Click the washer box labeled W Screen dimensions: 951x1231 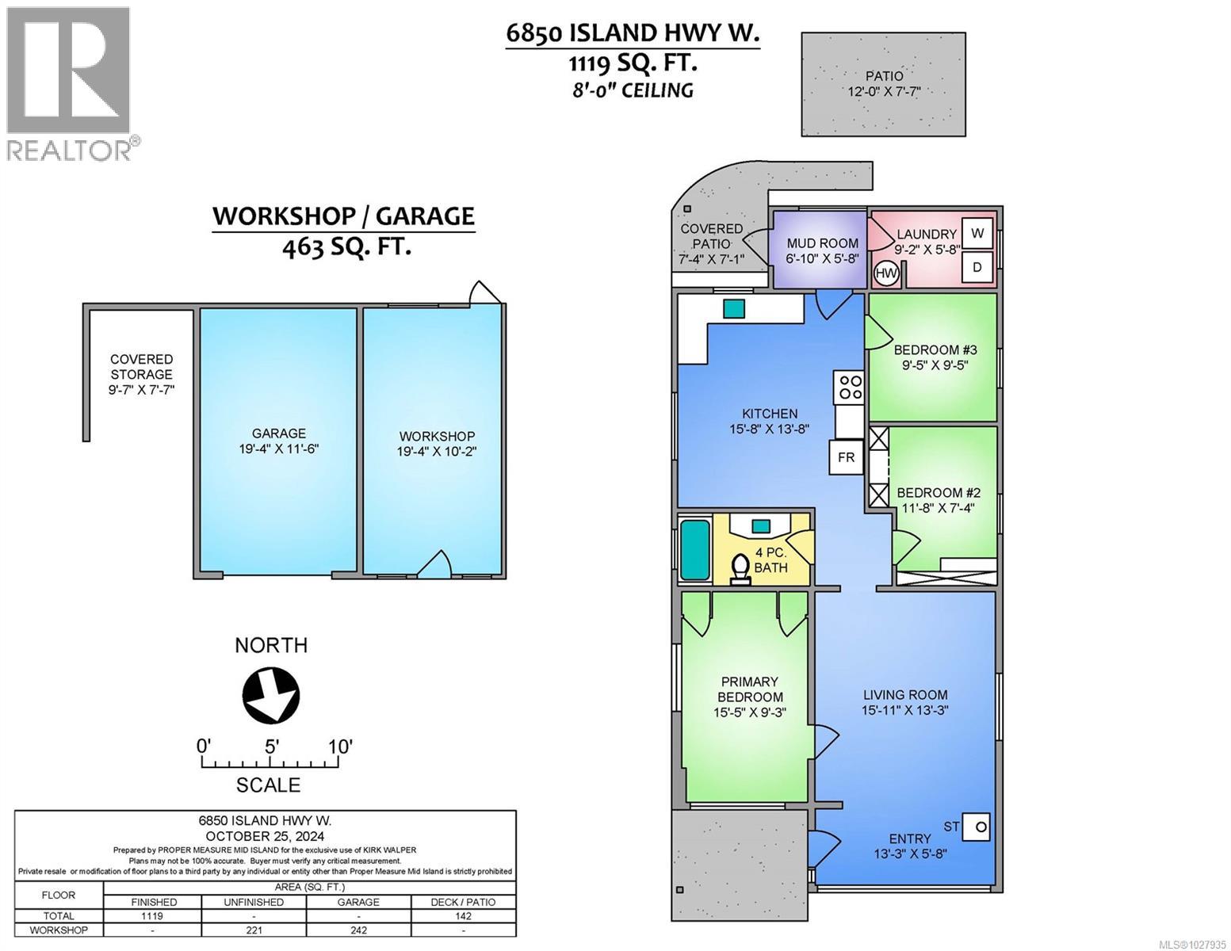(x=977, y=233)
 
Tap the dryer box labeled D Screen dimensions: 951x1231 (x=977, y=268)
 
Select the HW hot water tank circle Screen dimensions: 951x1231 (x=886, y=274)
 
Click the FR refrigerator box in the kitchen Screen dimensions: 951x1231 (x=846, y=457)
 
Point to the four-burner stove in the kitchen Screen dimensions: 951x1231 (x=851, y=387)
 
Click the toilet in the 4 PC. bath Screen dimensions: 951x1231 (x=740, y=568)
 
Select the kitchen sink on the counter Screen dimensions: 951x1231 (x=734, y=308)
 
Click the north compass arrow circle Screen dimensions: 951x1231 (x=271, y=696)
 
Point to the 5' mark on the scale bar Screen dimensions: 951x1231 (x=271, y=747)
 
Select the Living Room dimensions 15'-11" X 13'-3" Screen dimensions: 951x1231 (x=905, y=710)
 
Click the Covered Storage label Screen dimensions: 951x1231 (x=141, y=367)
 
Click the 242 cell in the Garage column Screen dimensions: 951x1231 (x=358, y=930)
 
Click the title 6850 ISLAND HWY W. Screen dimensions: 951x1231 (x=633, y=33)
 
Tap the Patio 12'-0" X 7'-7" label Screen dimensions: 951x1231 (x=883, y=83)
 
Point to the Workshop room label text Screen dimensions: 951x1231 (x=437, y=437)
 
